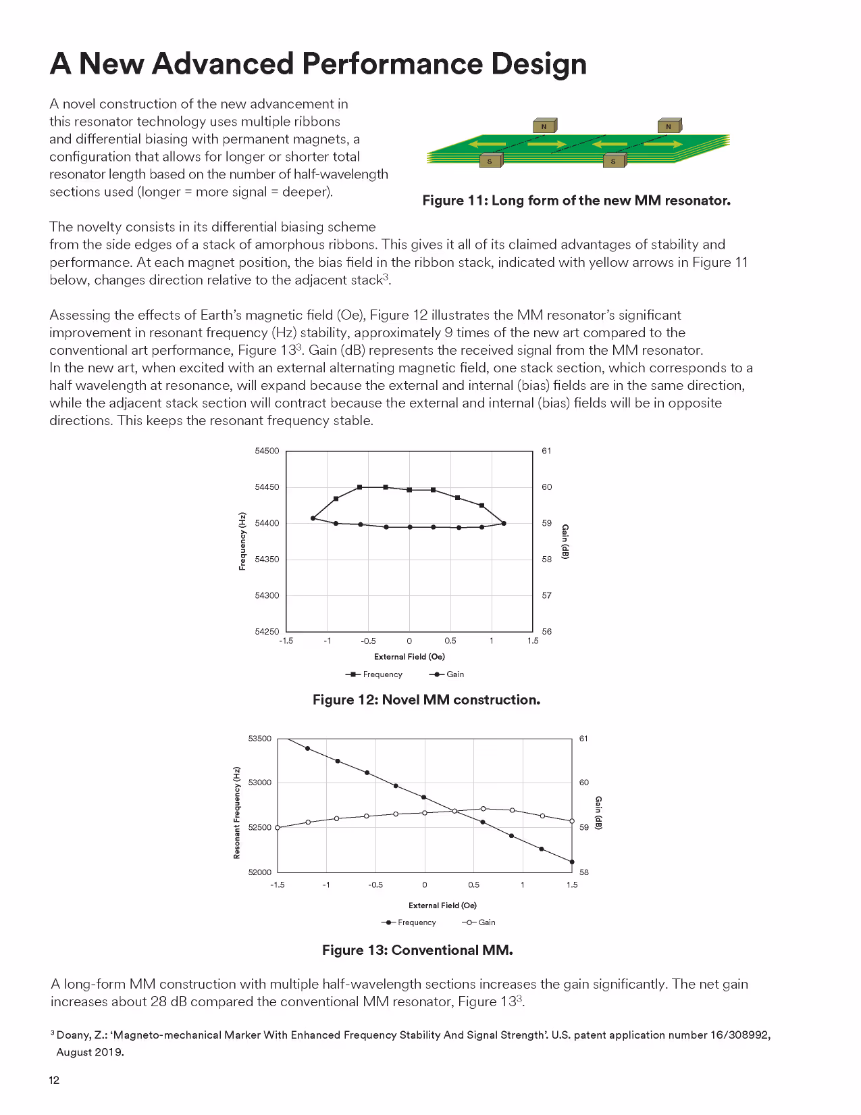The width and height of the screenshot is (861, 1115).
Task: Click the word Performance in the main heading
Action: (392, 64)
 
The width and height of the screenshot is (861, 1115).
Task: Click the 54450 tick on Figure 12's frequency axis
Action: (267, 487)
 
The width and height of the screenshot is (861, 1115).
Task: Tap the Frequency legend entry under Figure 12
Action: (374, 674)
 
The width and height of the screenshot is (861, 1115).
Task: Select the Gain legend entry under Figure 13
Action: (479, 922)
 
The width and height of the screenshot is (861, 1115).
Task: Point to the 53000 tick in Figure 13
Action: (260, 783)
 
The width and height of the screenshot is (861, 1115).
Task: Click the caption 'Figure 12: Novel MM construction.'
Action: (426, 700)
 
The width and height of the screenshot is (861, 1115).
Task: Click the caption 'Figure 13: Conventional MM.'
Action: (417, 950)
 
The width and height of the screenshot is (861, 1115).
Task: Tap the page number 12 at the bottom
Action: (54, 1080)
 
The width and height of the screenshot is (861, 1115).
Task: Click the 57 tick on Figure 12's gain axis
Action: (546, 596)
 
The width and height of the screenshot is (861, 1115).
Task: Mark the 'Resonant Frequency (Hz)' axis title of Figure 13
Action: (237, 813)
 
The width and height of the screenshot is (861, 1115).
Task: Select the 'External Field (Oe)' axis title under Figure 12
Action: (409, 657)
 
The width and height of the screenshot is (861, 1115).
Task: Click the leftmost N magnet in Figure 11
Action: (544, 126)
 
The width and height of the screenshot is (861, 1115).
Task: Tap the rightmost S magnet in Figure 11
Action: (614, 161)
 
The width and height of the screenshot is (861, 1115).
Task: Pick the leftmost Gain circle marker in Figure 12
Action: (313, 518)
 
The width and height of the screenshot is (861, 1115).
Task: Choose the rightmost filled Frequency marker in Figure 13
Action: (572, 862)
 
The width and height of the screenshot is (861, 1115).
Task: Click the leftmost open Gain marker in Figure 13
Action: (278, 827)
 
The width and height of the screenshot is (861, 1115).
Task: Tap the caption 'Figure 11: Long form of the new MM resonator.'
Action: (576, 201)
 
